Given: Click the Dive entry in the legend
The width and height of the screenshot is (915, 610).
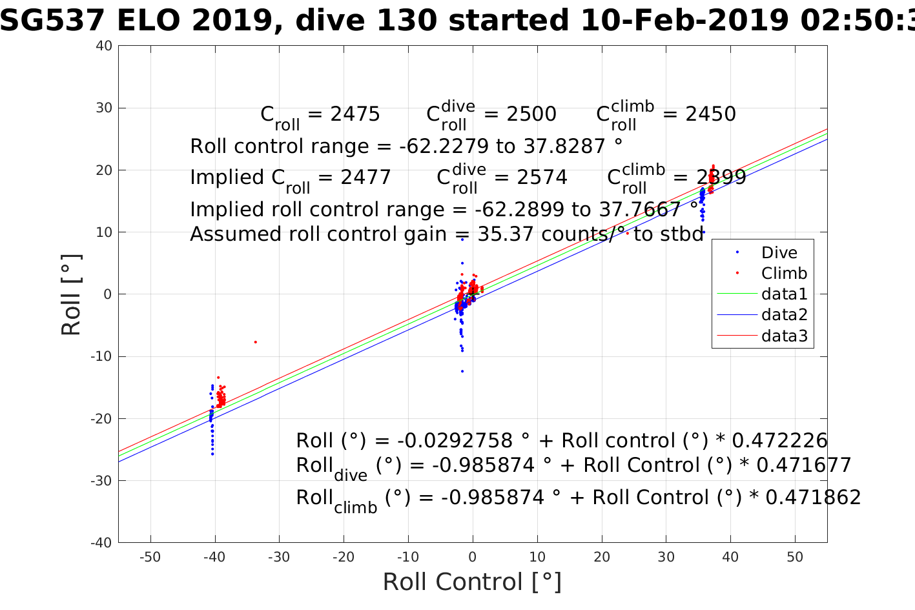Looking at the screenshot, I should pos(779,252).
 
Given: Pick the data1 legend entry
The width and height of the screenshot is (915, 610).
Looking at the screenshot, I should pos(784,294).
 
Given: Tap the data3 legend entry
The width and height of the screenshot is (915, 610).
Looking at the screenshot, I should pos(784,336).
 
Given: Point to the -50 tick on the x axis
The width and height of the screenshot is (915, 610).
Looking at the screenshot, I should pos(150,557).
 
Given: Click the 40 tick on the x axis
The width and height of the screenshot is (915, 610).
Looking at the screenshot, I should pos(730,557).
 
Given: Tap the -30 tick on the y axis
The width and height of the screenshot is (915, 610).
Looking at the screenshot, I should pos(102,481).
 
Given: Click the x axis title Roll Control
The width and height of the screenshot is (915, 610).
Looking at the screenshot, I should pos(472,582).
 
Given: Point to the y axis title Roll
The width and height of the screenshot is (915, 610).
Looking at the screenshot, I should pos(72,295).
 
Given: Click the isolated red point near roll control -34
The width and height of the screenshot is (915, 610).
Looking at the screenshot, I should pos(256,341).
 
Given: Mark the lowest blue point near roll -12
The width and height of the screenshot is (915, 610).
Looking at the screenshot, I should pos(462,371).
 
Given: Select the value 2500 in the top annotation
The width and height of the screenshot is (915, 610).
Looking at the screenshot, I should pos(531,114).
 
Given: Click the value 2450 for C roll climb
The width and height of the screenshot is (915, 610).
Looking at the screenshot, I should pos(710,114).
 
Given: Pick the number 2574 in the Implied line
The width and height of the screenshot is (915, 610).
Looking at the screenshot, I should pos(542,178).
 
